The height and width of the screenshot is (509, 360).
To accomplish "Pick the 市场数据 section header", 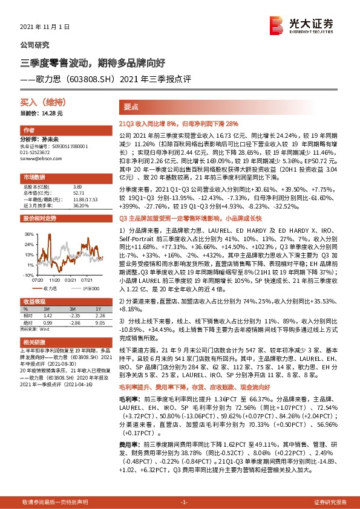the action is coord(34,177).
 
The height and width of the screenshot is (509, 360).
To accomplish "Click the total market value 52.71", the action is coord(78,193).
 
